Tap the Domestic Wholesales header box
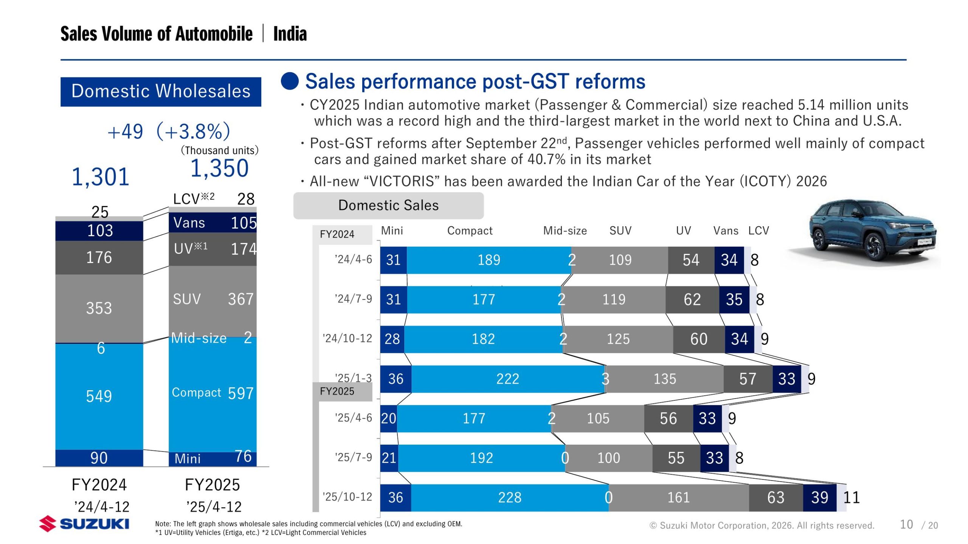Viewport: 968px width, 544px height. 161,92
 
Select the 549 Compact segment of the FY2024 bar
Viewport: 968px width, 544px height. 99,396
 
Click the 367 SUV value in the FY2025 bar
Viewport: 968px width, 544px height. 240,299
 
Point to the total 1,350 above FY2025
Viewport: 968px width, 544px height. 219,168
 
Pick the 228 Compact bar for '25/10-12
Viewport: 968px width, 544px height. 509,498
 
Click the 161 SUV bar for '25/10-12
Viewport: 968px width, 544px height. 678,498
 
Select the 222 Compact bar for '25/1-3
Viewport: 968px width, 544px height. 507,379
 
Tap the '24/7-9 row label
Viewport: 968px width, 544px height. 353,299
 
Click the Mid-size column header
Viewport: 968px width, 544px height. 565,230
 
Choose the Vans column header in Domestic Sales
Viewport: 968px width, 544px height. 726,230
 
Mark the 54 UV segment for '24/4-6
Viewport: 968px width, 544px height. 691,260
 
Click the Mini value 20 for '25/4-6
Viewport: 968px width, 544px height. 388,419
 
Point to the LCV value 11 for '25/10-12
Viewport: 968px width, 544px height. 852,498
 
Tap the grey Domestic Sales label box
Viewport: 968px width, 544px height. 388,206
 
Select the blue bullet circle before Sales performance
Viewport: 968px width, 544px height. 290,81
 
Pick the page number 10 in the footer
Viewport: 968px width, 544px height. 906,524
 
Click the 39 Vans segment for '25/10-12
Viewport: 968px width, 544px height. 819,498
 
